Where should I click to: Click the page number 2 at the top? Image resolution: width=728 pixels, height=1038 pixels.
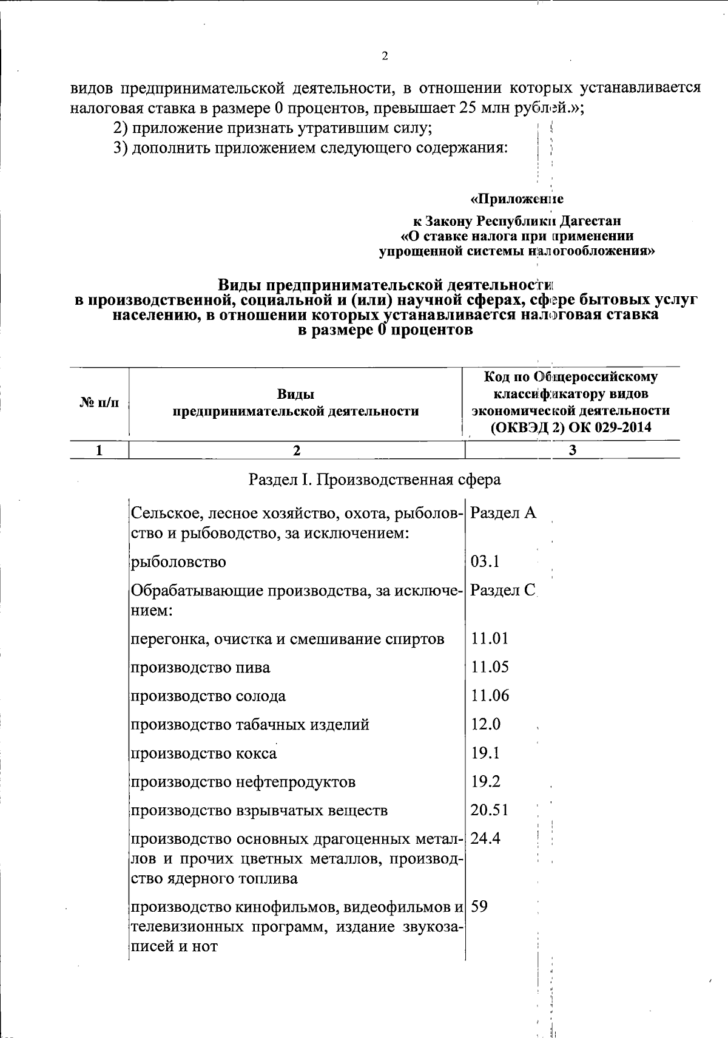385,56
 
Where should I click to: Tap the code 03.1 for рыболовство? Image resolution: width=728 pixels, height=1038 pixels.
485,561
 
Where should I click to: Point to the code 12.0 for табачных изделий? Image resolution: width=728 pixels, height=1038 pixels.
486,724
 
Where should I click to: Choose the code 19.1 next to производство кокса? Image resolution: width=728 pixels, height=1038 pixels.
485,753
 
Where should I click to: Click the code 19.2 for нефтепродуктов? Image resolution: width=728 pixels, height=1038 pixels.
485,781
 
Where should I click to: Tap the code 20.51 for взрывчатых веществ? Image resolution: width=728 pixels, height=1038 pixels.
490,810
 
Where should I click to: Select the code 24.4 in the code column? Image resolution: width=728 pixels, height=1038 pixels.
485,839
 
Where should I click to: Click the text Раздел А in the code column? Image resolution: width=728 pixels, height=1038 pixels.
503,514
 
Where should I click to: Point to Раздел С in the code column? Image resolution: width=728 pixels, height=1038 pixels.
503,590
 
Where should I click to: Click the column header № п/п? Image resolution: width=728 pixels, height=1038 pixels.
99,402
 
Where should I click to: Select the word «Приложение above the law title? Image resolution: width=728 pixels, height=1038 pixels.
517,199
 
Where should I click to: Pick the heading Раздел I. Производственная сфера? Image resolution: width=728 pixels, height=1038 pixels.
375,480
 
